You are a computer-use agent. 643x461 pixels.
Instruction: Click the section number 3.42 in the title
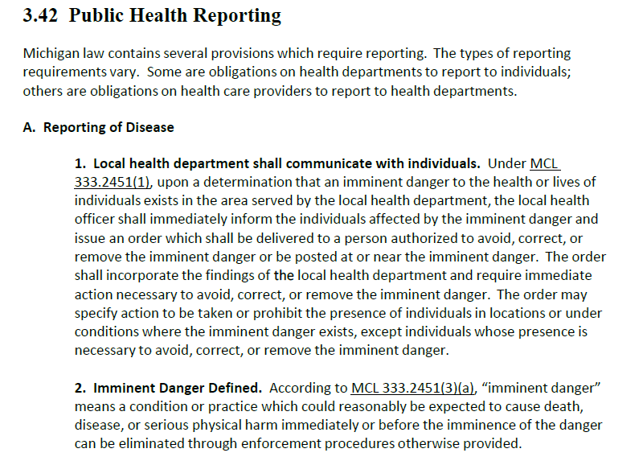[x=40, y=16]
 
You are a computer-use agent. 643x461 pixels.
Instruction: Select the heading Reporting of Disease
[x=109, y=127]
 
